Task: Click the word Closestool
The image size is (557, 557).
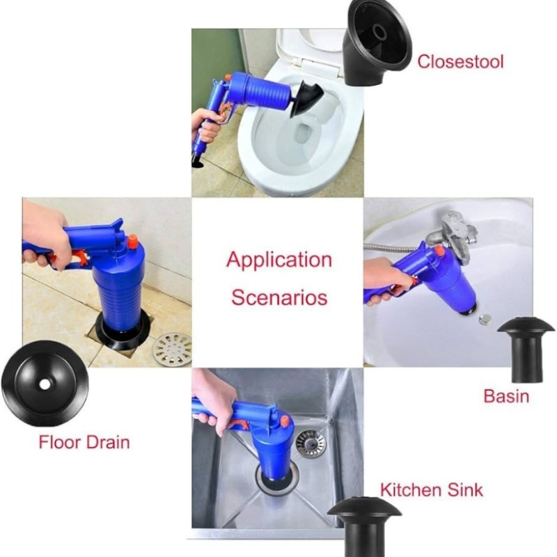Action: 460,61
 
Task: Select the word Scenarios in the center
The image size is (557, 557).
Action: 279,297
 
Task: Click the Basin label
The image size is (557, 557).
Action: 506,396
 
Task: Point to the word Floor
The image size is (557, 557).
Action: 59,442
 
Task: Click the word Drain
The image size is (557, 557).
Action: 108,442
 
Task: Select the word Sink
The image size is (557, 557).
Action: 465,490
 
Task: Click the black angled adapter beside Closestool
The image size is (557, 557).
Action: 377,42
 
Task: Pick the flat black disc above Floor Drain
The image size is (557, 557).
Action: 45,384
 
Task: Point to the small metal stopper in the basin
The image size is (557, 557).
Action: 484,320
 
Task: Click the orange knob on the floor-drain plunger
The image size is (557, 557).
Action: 133,241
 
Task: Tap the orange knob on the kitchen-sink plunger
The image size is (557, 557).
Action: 285,421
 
